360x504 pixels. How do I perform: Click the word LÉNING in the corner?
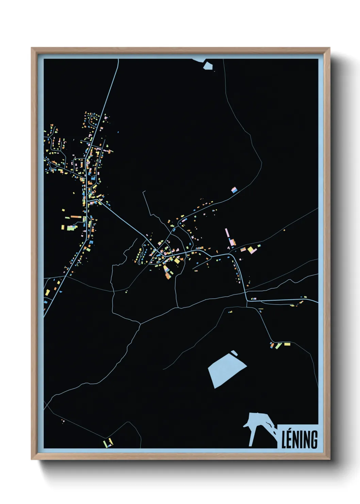[x=299, y=440]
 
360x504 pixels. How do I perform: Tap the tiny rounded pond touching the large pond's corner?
[x=234, y=353]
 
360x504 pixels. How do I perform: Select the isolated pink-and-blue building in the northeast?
[x=234, y=190]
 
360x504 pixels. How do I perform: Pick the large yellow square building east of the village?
[x=251, y=250]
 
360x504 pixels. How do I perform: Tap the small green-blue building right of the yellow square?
[x=259, y=246]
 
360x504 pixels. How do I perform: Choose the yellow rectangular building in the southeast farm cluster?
[x=287, y=344]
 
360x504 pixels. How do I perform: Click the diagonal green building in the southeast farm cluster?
[x=278, y=346]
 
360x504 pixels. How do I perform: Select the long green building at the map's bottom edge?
[x=105, y=444]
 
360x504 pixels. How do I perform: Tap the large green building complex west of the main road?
[x=71, y=227]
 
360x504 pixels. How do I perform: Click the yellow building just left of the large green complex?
[x=63, y=227]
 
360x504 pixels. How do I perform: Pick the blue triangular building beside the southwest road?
[x=61, y=292]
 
